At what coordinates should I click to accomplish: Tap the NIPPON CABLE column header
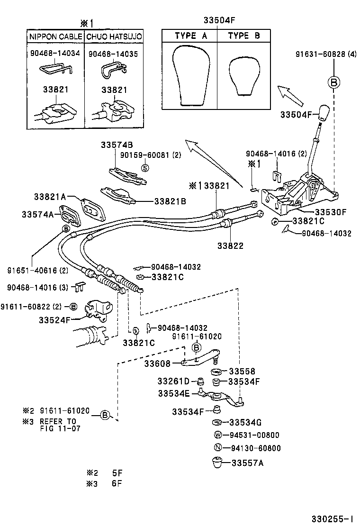(56, 36)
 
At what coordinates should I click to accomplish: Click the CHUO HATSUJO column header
(114, 36)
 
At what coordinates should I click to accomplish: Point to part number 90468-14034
(55, 54)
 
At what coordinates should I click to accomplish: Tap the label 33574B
(117, 145)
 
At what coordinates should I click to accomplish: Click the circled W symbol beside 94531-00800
(218, 435)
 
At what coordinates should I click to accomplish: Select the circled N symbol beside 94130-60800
(218, 448)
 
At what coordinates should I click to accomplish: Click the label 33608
(156, 363)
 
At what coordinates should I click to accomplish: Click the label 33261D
(173, 381)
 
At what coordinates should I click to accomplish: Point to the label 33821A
(50, 197)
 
